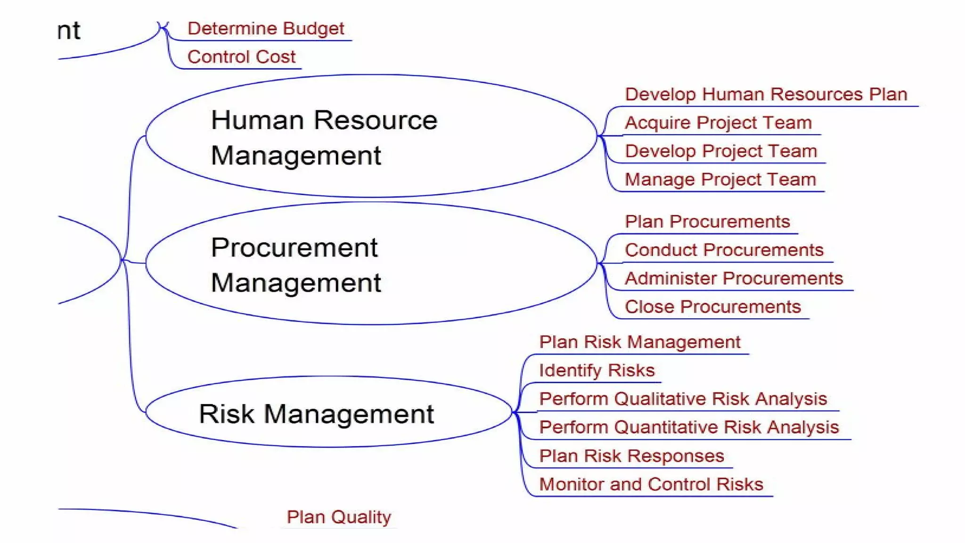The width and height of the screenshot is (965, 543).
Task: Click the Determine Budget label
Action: pyautogui.click(x=266, y=29)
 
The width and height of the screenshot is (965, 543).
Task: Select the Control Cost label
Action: pyautogui.click(x=241, y=57)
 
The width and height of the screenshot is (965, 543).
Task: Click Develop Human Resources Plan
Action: pyautogui.click(x=766, y=94)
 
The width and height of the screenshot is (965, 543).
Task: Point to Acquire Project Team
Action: pyautogui.click(x=718, y=123)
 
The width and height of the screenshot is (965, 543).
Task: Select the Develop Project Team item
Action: pyautogui.click(x=720, y=151)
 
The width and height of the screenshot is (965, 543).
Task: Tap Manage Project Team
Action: pyautogui.click(x=720, y=180)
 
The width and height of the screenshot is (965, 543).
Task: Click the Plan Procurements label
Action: pyautogui.click(x=707, y=222)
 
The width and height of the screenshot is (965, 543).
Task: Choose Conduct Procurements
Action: pyautogui.click(x=724, y=250)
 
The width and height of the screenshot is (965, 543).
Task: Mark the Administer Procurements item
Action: pyautogui.click(x=734, y=279)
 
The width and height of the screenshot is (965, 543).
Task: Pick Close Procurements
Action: pyautogui.click(x=712, y=307)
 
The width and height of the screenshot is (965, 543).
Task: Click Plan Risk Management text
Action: pyautogui.click(x=639, y=342)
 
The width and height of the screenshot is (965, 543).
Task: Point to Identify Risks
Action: pyautogui.click(x=597, y=370)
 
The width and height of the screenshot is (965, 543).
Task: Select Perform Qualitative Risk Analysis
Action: pyautogui.click(x=683, y=399)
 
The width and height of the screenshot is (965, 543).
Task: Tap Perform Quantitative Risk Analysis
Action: pyautogui.click(x=689, y=428)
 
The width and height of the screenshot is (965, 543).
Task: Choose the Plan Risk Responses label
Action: pyautogui.click(x=631, y=456)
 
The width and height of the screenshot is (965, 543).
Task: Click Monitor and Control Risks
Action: pyautogui.click(x=651, y=485)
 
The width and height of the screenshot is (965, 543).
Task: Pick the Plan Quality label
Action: pyautogui.click(x=339, y=517)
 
